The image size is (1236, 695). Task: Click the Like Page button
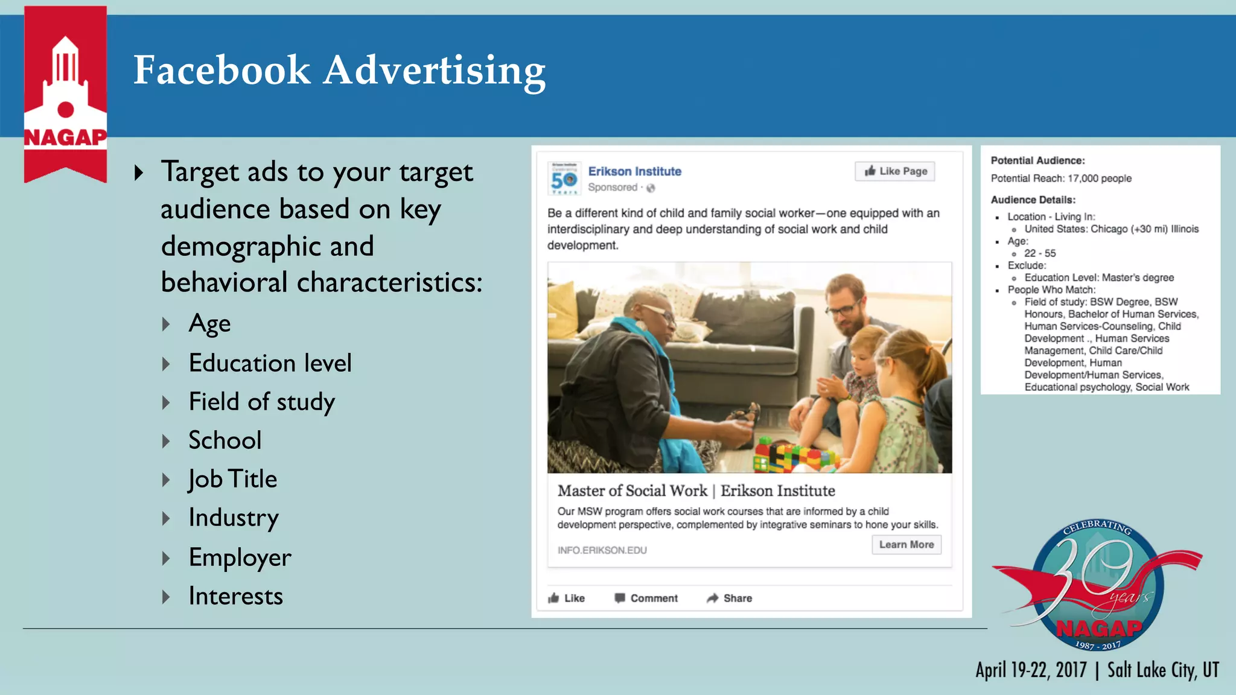895,171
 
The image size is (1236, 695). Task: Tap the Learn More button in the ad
906,545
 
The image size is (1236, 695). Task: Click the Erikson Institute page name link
634,171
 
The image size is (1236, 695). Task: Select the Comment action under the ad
646,598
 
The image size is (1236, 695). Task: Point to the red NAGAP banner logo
65,94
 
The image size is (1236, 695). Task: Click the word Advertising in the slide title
434,71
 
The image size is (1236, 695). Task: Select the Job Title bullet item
232,479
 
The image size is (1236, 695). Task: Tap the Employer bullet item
240,557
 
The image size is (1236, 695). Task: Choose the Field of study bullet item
261,402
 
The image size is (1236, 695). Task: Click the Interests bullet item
235,596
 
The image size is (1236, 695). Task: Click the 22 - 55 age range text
1040,253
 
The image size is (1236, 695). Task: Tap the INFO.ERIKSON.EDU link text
602,550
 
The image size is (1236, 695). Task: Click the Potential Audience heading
1037,160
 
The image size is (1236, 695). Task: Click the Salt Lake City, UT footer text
1163,670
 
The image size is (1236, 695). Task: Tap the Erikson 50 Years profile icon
564,179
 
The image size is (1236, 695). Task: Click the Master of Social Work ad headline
696,491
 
